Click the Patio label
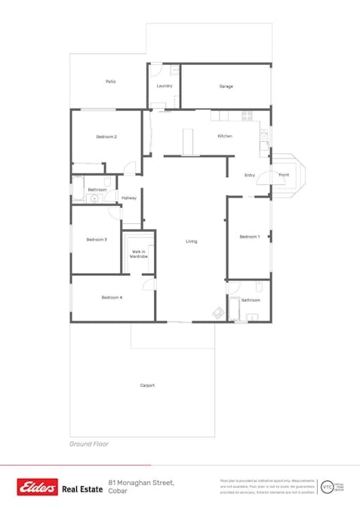click(x=110, y=81)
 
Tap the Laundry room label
click(x=165, y=86)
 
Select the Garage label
click(x=226, y=87)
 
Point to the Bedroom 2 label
click(x=106, y=136)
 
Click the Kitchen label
click(x=225, y=136)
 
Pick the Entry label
click(x=250, y=175)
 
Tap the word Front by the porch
click(x=284, y=175)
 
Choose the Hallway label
click(x=128, y=198)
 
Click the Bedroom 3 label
click(x=96, y=239)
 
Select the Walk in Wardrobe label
click(x=139, y=254)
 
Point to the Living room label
click(x=192, y=241)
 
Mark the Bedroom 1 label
click(x=250, y=237)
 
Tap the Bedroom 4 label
click(x=112, y=297)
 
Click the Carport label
click(x=147, y=385)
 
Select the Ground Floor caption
click(x=89, y=444)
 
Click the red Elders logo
click(x=38, y=488)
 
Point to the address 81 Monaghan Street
click(x=142, y=483)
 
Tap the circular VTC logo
click(x=328, y=487)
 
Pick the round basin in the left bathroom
click(x=93, y=199)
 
